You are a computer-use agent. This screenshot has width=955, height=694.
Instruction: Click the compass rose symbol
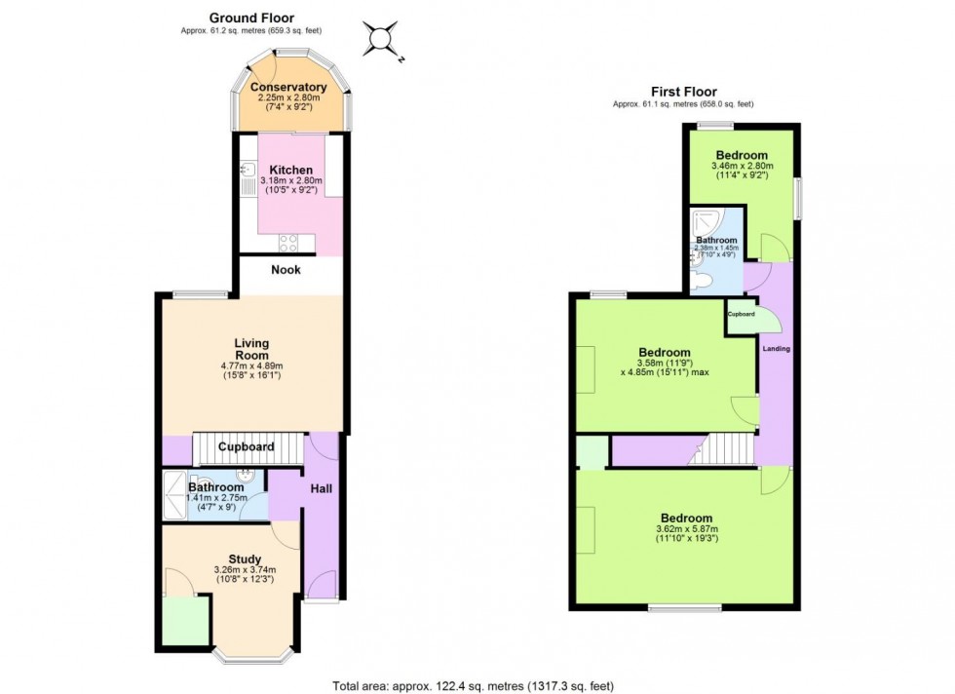[381, 40]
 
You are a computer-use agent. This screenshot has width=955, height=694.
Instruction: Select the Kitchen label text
[290, 170]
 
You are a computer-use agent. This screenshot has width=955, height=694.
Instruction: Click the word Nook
[286, 270]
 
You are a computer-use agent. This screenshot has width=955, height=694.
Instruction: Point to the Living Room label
[251, 349]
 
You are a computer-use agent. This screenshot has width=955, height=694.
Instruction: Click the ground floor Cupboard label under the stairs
[246, 447]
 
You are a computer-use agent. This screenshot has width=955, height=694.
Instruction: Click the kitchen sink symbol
[246, 175]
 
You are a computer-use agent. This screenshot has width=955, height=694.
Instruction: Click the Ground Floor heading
[251, 18]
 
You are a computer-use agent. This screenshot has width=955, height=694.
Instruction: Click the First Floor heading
[683, 92]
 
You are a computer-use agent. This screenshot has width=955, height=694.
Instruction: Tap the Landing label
[777, 349]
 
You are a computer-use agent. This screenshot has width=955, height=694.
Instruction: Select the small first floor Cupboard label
[741, 315]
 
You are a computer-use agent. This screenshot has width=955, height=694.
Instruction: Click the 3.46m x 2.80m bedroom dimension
[742, 167]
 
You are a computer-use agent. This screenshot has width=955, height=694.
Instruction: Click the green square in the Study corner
[185, 621]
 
